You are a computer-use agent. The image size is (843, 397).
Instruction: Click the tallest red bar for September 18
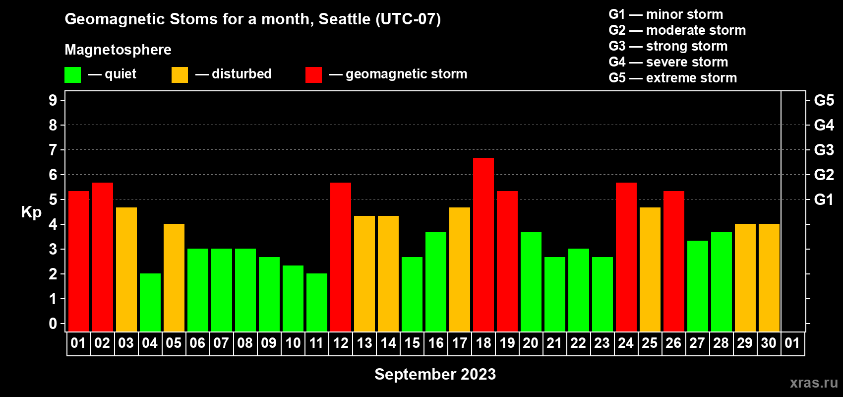[x=483, y=245]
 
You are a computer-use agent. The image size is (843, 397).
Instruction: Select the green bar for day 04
[x=150, y=302]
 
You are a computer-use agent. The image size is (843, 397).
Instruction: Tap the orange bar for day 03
[x=126, y=269]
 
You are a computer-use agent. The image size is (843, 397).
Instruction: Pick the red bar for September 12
[x=341, y=257]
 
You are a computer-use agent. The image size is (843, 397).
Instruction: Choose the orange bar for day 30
[x=769, y=277]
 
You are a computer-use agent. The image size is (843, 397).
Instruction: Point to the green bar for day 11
[x=317, y=302]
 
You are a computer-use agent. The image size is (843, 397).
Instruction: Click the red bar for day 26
[x=673, y=261]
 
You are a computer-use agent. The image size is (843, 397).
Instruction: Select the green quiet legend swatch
[x=72, y=74]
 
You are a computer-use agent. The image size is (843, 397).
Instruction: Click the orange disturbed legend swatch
[x=180, y=74]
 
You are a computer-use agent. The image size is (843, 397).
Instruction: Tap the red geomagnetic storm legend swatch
[x=313, y=74]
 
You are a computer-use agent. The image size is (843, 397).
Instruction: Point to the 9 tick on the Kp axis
[x=53, y=100]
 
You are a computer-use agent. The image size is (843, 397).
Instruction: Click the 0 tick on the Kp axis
[x=53, y=324]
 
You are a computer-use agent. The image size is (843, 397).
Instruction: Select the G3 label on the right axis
[x=824, y=150]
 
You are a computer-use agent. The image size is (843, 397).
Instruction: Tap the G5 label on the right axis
[x=824, y=100]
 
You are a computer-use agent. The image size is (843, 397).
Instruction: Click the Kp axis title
[x=31, y=212]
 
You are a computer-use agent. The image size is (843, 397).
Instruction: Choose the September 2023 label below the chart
[x=435, y=374]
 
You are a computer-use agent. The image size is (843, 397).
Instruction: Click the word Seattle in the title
[x=344, y=19]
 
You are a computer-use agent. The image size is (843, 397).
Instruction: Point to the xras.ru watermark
[x=814, y=383]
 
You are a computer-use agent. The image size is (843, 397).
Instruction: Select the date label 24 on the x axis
[x=626, y=343]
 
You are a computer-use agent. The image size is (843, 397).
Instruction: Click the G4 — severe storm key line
[x=668, y=62]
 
